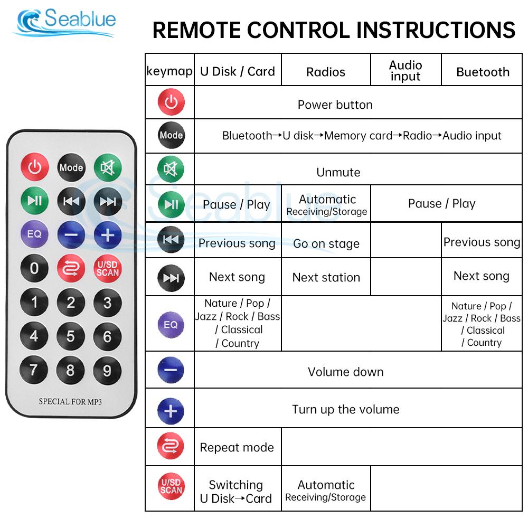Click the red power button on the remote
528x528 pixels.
(x=34, y=167)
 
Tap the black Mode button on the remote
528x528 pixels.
(x=71, y=167)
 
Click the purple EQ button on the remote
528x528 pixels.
(x=34, y=234)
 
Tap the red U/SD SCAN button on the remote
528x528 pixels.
(x=107, y=268)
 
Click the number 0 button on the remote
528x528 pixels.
(x=34, y=268)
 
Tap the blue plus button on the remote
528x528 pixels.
(x=107, y=234)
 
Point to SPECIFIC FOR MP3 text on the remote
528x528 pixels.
(x=70, y=402)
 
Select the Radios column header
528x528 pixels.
(x=326, y=72)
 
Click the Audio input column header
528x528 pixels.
(x=406, y=71)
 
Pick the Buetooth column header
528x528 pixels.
(x=483, y=72)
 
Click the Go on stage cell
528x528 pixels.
(x=326, y=243)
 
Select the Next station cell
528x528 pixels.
(x=326, y=277)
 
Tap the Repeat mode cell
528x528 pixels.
(x=237, y=447)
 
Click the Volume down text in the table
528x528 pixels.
(x=345, y=372)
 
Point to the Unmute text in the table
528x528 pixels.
(x=338, y=172)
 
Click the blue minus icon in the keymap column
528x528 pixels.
(x=171, y=370)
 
